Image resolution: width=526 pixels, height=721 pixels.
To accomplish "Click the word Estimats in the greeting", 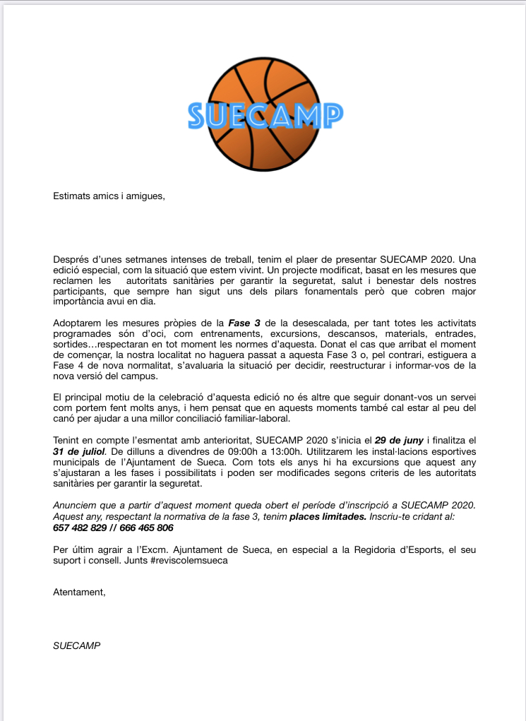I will pyautogui.click(x=72, y=196).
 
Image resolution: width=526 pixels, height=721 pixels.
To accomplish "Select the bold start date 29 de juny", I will pyautogui.click(x=398, y=440).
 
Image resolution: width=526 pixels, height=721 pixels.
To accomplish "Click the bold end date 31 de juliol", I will pyautogui.click(x=79, y=451).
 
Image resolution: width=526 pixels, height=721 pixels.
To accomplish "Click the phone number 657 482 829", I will pyautogui.click(x=80, y=528).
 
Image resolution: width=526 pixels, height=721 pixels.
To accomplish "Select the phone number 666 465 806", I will pyautogui.click(x=145, y=528).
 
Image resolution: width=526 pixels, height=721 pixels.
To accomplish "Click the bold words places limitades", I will pyautogui.click(x=328, y=517).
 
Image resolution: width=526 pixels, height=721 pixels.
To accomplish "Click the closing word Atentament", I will pyautogui.click(x=79, y=592).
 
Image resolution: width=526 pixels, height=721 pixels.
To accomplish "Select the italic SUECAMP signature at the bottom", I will pyautogui.click(x=76, y=645).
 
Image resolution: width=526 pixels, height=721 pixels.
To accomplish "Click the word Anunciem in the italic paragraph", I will pyautogui.click(x=76, y=506).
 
